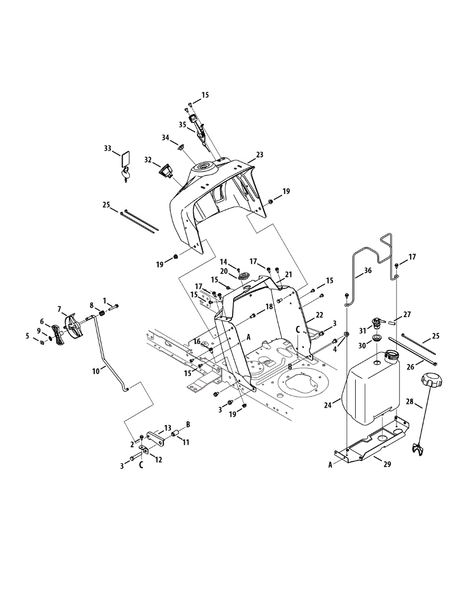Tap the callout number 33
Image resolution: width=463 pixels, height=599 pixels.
point(107,148)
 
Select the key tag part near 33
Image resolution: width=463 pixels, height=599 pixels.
point(125,159)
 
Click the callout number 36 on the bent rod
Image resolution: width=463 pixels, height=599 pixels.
point(368,271)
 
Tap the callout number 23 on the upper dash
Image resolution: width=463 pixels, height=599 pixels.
point(259,155)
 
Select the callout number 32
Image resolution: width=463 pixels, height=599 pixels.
point(148,160)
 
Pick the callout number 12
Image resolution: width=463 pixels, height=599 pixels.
point(158,460)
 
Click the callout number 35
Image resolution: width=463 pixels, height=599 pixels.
point(182,124)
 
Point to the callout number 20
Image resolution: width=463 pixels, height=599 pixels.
point(224,271)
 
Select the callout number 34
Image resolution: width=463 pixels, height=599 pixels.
point(165,137)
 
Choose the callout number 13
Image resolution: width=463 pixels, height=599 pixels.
point(167,428)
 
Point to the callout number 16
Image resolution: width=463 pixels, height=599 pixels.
point(197,341)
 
